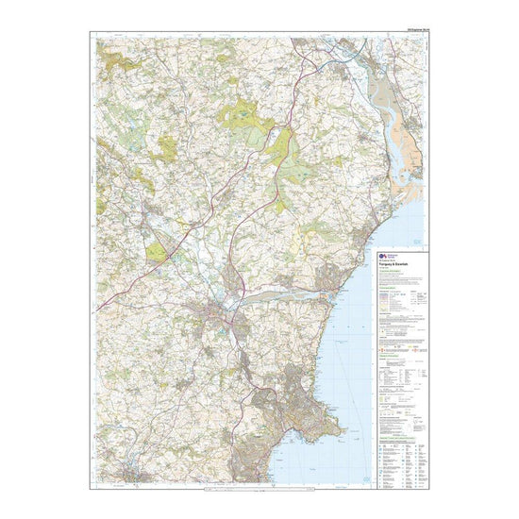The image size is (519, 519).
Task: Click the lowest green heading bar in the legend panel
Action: click(x=401, y=415)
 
